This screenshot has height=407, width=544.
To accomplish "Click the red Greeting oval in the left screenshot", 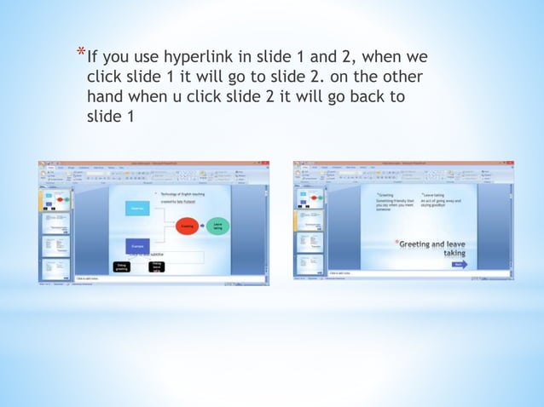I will point(188,226).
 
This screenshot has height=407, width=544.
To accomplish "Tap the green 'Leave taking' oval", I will point(218,226).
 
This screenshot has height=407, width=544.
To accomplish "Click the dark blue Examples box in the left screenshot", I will point(136,245).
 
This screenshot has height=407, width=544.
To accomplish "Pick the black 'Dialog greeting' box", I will point(122,267).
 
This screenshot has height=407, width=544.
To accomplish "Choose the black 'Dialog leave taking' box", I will point(156,267).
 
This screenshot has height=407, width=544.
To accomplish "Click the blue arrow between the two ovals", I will point(203,226).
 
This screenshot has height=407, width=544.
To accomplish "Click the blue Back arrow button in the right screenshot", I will point(460,265).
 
